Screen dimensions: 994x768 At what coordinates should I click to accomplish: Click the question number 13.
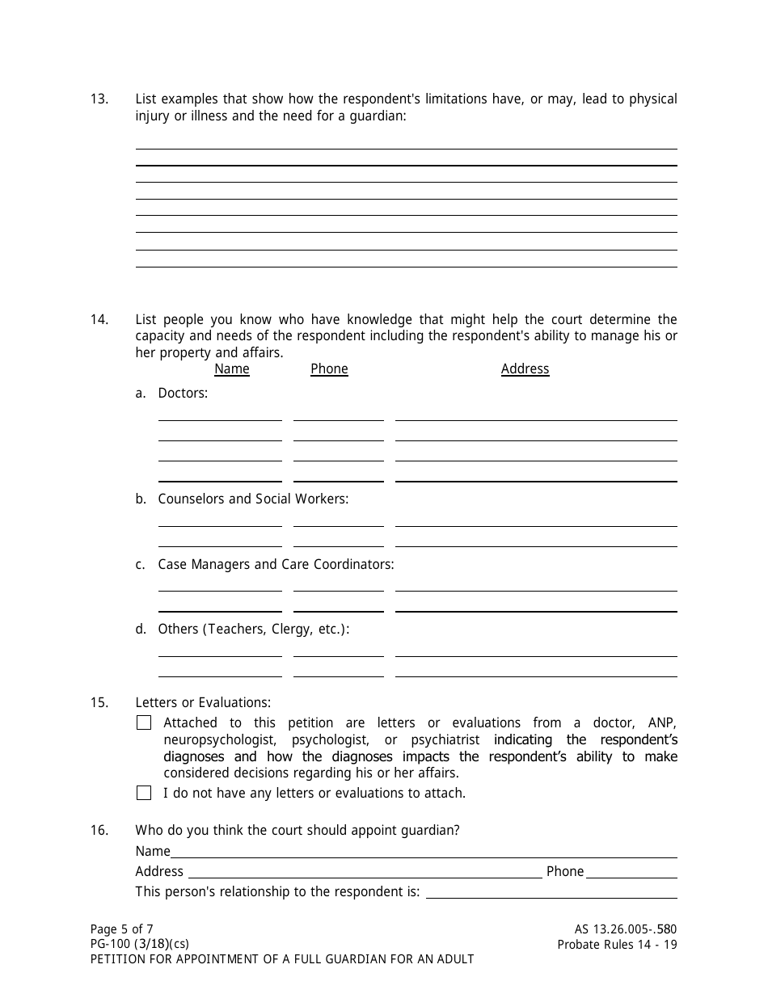point(99,99)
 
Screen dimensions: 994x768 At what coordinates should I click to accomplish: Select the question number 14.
point(99,320)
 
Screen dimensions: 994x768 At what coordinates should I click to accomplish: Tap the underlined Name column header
point(232,369)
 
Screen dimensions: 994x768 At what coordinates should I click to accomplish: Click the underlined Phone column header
point(329,369)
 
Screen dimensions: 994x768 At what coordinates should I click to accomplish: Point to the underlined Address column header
point(525,369)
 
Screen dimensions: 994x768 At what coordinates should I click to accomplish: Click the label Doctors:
point(183,394)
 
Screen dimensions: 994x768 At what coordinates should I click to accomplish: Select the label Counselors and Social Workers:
point(253,499)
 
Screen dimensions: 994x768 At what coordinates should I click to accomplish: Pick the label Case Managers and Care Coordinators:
point(276,565)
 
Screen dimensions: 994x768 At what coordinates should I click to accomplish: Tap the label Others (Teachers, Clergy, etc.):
point(253,630)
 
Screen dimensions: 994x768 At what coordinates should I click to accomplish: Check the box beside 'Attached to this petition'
point(144,723)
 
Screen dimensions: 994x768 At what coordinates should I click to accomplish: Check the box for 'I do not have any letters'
point(144,794)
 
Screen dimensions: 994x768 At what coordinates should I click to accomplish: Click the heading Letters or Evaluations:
point(203,703)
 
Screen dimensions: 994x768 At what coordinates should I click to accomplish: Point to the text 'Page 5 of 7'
point(121,929)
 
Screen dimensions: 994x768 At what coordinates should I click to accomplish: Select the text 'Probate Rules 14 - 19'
point(617,945)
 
